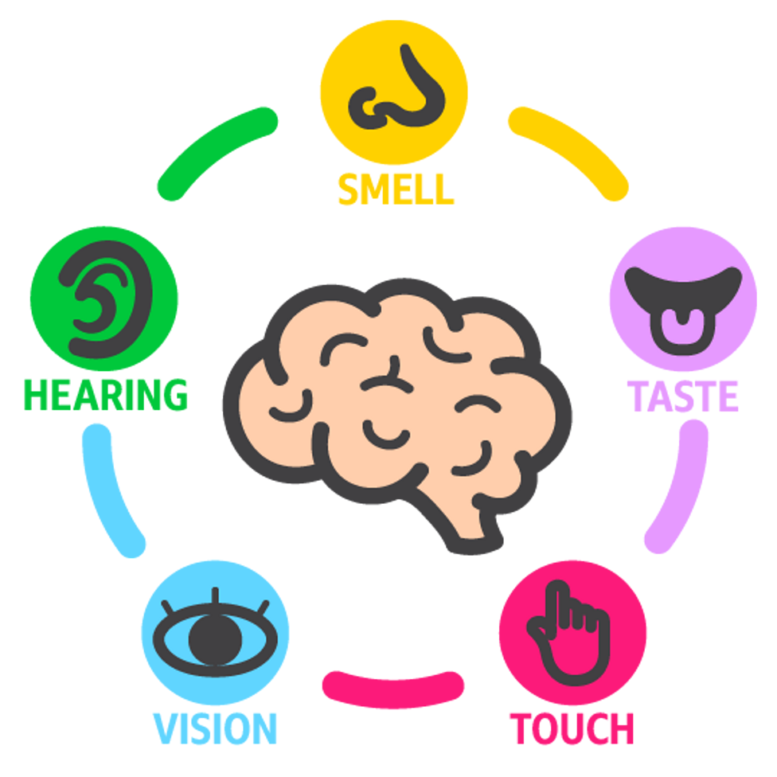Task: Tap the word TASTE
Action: (683, 395)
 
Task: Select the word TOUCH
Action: (572, 728)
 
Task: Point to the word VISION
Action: (215, 728)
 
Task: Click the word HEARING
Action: (106, 393)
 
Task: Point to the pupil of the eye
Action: (213, 638)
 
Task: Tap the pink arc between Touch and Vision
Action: (393, 687)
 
